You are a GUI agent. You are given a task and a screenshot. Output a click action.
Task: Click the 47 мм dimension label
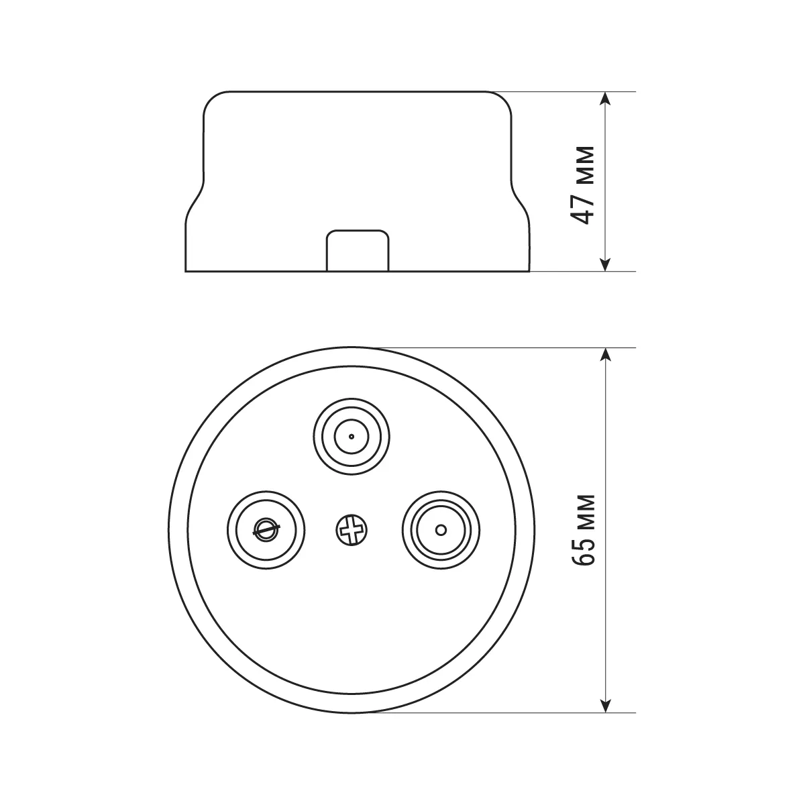583,185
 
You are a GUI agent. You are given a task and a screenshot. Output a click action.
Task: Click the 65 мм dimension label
583,530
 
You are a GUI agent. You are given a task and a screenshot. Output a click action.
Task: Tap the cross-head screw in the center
352,530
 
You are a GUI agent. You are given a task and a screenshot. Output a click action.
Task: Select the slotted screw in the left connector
266,531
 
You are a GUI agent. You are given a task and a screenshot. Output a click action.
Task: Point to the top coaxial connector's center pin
352,437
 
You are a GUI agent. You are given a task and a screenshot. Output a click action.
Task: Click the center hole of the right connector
441,530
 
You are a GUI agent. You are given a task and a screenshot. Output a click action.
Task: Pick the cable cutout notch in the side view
358,251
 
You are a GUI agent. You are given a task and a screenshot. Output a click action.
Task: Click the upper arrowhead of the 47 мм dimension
605,99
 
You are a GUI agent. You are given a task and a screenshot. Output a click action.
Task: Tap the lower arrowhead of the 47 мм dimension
605,264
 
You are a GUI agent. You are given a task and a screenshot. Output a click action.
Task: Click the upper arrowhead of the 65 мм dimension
605,355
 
